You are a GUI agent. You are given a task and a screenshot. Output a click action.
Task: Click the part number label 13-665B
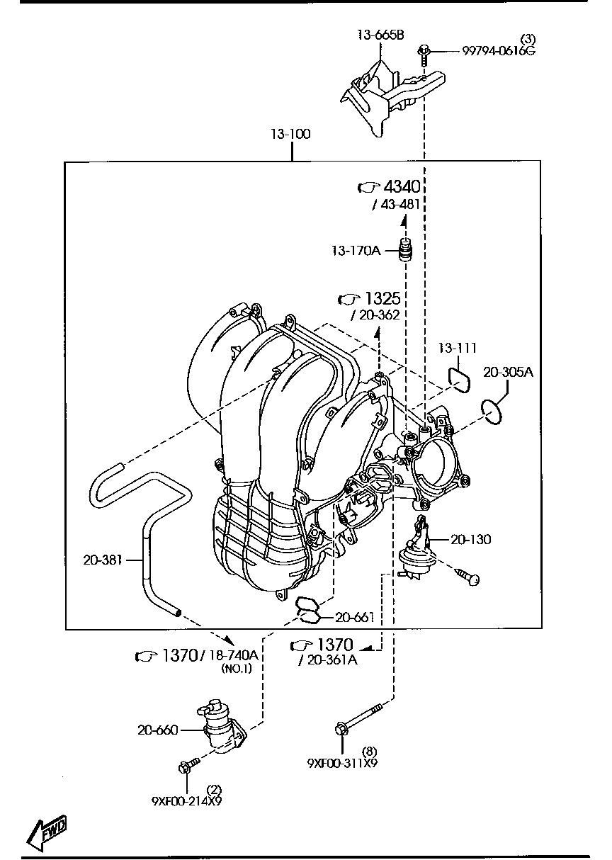(380, 36)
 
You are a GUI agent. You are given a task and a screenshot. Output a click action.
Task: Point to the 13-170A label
(355, 250)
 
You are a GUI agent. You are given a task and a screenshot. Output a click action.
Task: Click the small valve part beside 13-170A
(407, 251)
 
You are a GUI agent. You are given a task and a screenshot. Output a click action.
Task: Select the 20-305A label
(508, 371)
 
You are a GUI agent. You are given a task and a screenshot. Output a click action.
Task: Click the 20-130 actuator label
(470, 539)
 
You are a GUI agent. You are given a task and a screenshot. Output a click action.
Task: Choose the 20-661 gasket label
(354, 617)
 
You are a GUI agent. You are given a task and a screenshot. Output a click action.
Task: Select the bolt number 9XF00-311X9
(342, 764)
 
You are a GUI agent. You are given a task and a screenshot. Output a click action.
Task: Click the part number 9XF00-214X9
(186, 801)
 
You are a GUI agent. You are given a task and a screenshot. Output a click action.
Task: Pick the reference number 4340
(402, 186)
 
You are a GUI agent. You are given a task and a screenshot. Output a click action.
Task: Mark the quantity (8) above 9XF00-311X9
(369, 752)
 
